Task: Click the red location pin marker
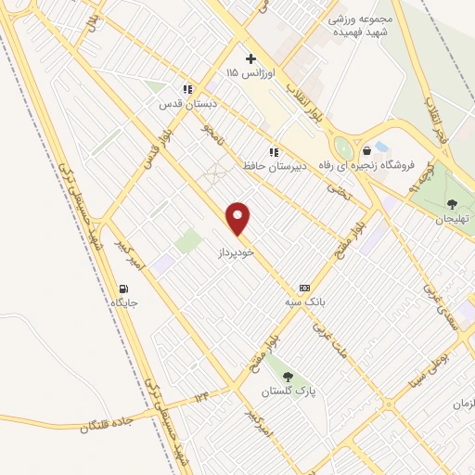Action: pyautogui.click(x=238, y=218)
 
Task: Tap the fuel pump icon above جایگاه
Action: pyautogui.click(x=124, y=289)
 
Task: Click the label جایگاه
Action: pyautogui.click(x=124, y=303)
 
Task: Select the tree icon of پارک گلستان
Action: pyautogui.click(x=288, y=377)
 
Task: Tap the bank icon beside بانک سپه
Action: pyautogui.click(x=304, y=289)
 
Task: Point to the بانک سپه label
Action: pyautogui.click(x=304, y=302)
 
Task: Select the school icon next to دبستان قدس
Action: pyautogui.click(x=188, y=90)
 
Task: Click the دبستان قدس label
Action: pyautogui.click(x=183, y=105)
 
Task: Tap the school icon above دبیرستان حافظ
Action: pyautogui.click(x=273, y=152)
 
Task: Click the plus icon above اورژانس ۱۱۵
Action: pyautogui.click(x=250, y=58)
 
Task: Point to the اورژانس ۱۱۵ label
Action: pyautogui.click(x=246, y=72)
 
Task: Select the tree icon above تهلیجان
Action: pyautogui.click(x=453, y=205)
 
